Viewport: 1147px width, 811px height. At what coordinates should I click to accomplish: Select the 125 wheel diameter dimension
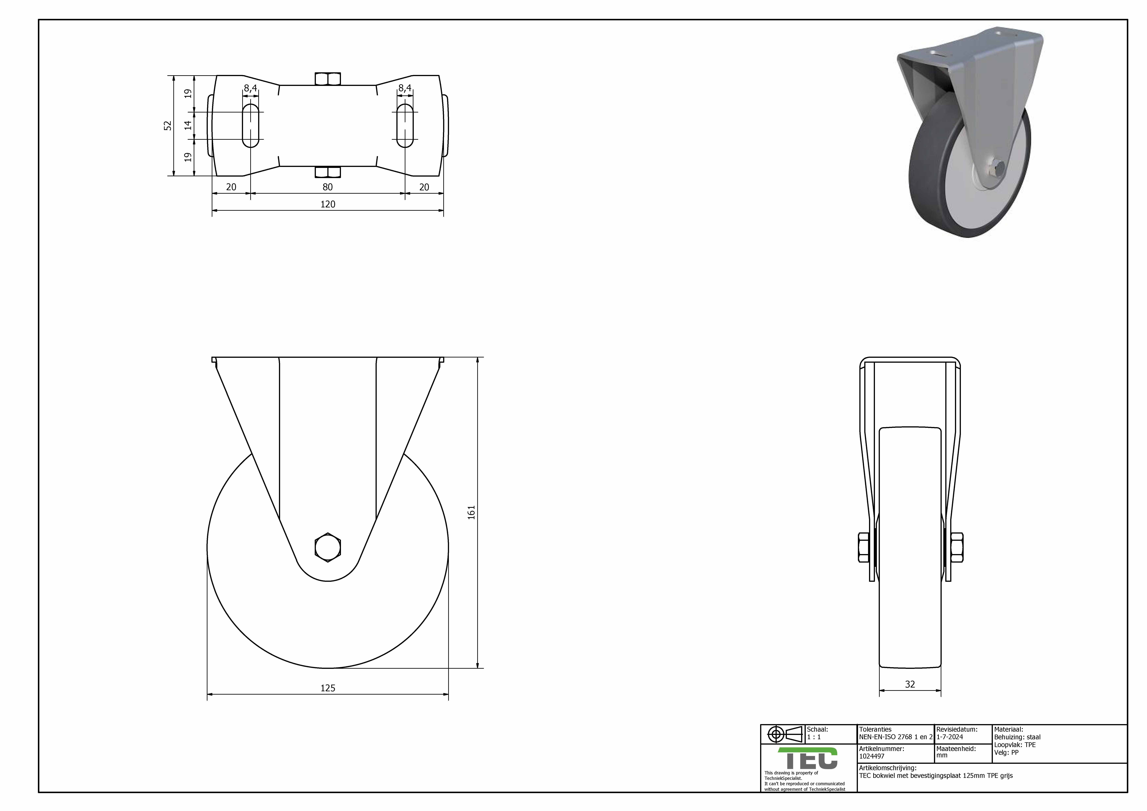(x=328, y=688)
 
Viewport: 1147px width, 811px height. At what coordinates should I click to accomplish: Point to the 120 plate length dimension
(x=328, y=204)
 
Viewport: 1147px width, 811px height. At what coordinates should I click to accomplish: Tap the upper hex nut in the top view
(x=328, y=79)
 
